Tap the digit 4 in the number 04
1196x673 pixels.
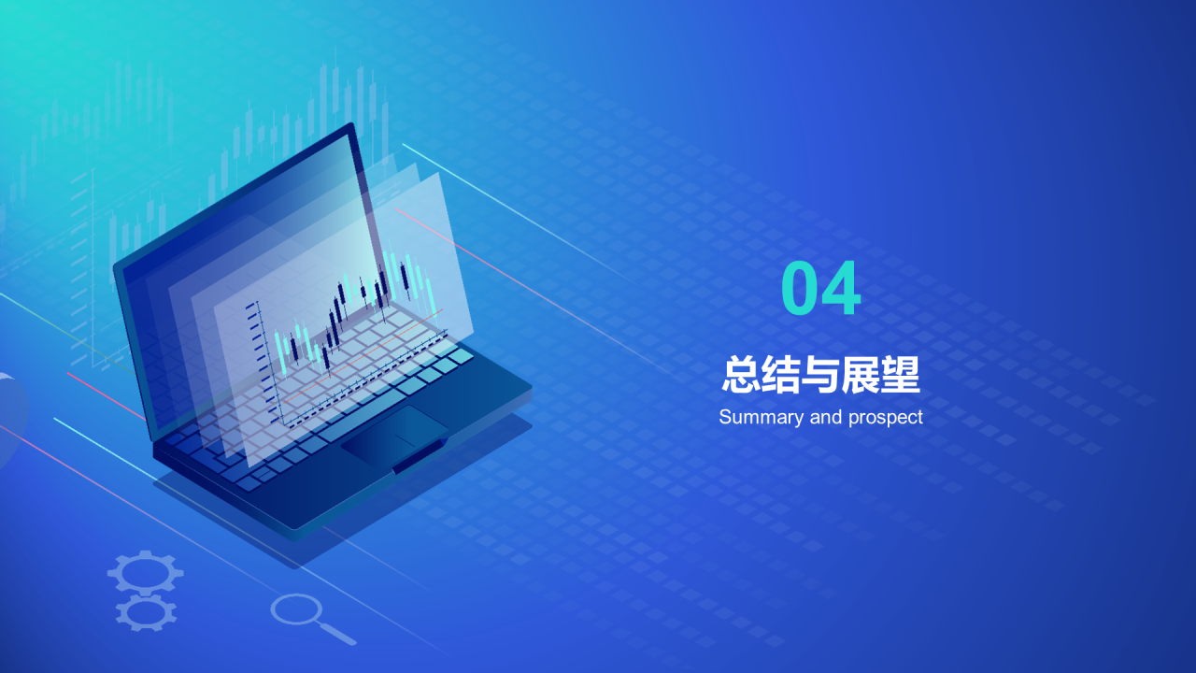(841, 290)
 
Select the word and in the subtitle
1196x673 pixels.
(826, 417)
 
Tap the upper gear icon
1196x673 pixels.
(145, 572)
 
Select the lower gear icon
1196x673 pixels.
(146, 612)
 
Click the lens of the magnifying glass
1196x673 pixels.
(295, 609)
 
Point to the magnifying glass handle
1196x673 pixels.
(338, 634)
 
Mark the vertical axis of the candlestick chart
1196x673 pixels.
(268, 365)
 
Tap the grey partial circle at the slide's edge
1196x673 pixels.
(11, 416)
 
